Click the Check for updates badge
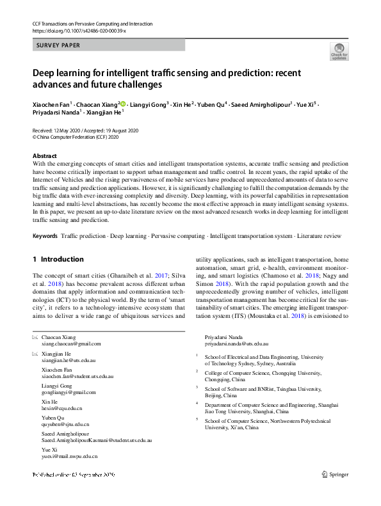pyautogui.click(x=338, y=51)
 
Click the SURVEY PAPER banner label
pyautogui.click(x=59, y=45)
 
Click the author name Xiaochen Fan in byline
pyautogui.click(x=51, y=104)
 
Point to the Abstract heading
pyautogui.click(x=44, y=156)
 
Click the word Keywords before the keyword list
pyautogui.click(x=45, y=236)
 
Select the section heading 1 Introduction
pyautogui.click(x=58, y=259)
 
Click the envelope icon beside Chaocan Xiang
pyautogui.click(x=35, y=337)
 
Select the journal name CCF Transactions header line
pyautogui.click(x=92, y=24)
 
